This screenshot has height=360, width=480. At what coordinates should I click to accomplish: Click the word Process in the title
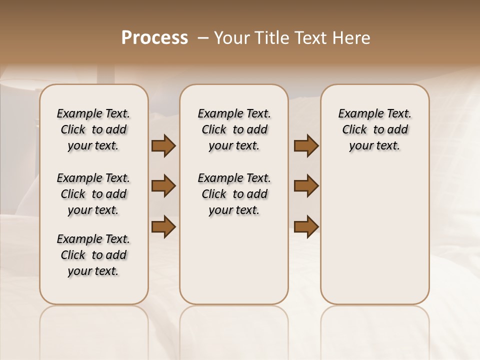[154, 38]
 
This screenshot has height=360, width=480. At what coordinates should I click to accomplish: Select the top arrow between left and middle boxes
[163, 146]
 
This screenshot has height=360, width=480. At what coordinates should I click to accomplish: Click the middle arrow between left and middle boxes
[163, 186]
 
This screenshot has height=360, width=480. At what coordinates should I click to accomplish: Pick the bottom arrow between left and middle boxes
[163, 226]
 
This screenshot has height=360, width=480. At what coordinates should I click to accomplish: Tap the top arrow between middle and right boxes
[306, 146]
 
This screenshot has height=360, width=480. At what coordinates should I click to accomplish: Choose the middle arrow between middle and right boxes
[306, 186]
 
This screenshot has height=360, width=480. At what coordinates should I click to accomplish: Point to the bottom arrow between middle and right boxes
[306, 226]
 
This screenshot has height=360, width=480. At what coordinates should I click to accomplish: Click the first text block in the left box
[93, 129]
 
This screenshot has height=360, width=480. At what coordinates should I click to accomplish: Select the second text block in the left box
[93, 194]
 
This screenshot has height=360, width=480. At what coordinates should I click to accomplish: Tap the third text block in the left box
[93, 255]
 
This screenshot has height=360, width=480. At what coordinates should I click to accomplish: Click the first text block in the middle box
[234, 129]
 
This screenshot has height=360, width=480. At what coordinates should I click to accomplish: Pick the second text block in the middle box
[234, 194]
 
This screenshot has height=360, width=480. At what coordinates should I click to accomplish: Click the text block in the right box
[374, 129]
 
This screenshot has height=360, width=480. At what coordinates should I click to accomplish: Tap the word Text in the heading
[308, 38]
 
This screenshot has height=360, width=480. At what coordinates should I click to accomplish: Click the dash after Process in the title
[203, 38]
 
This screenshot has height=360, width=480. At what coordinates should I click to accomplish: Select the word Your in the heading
[230, 38]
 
